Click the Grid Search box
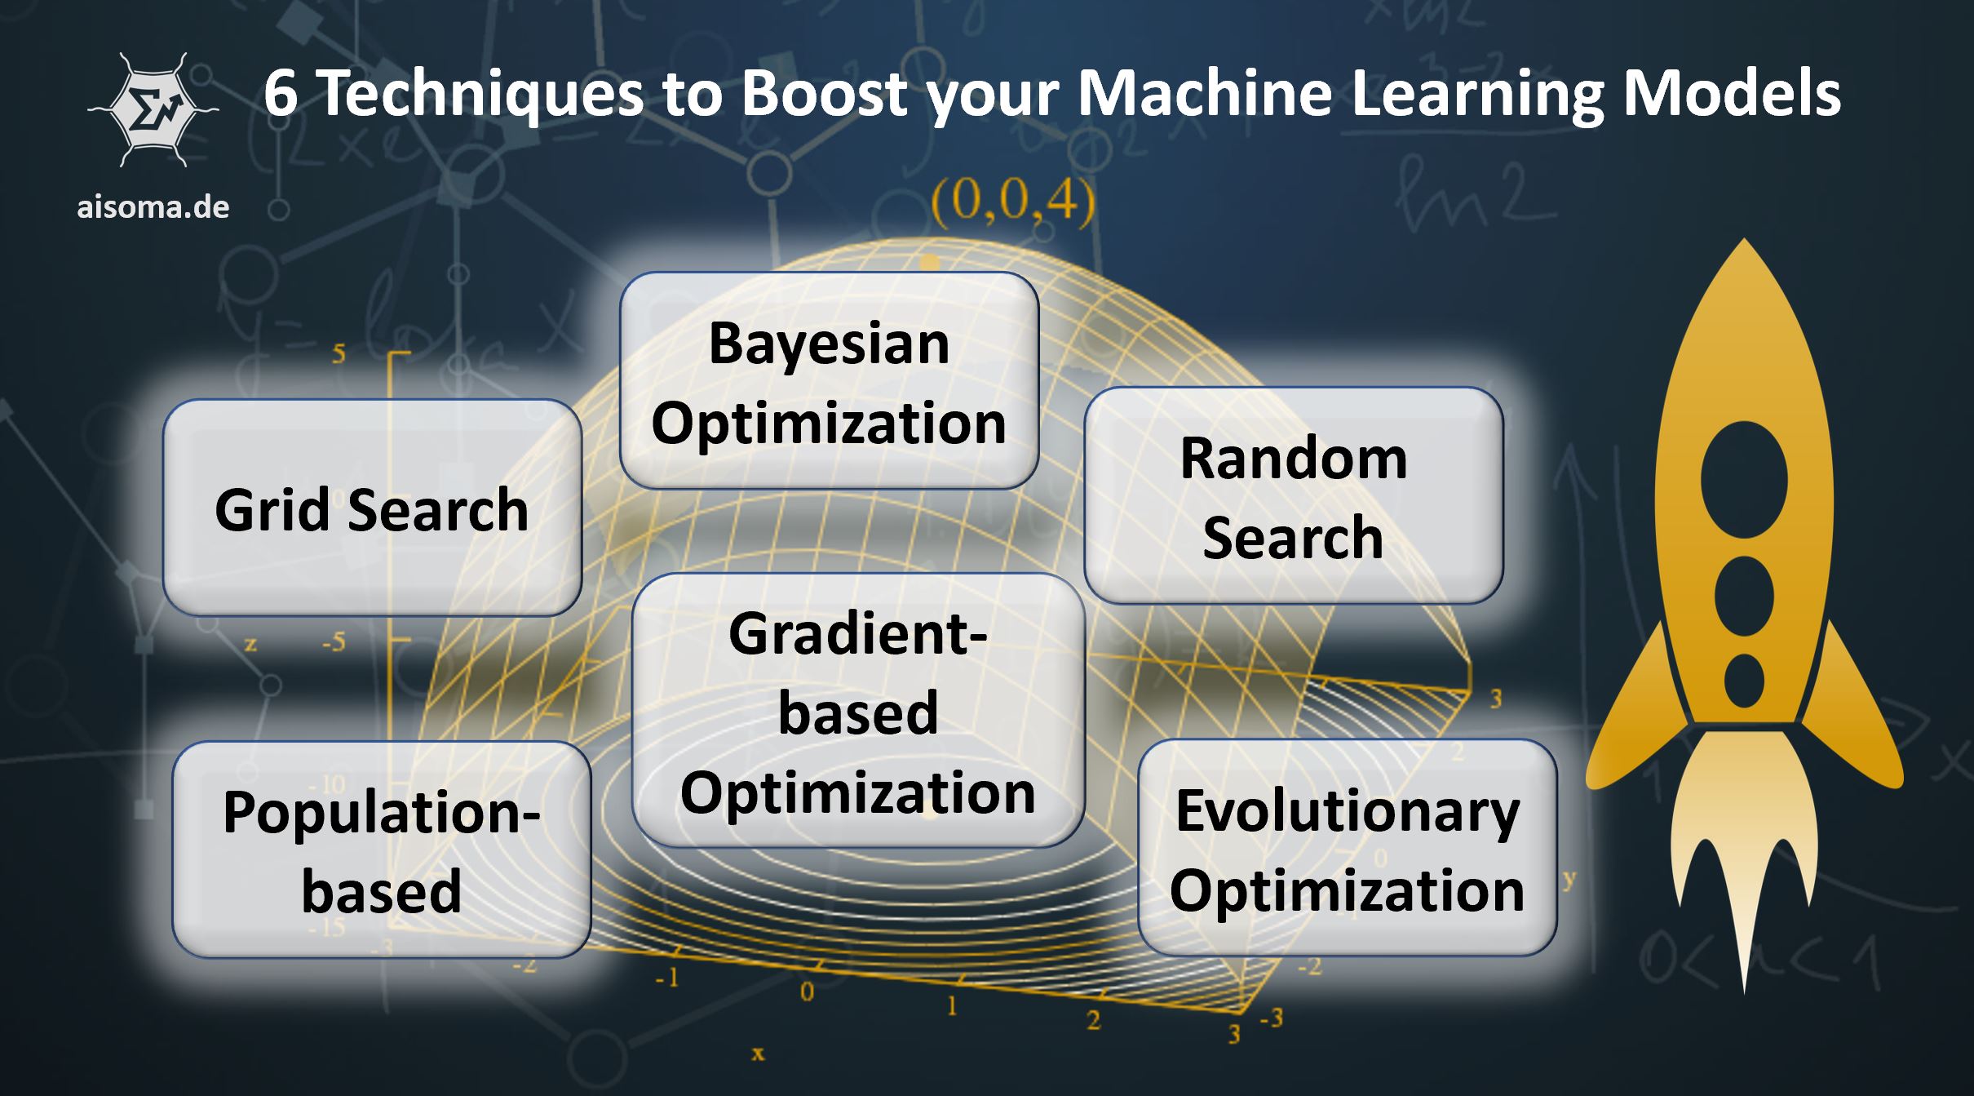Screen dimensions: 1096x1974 pyautogui.click(x=372, y=508)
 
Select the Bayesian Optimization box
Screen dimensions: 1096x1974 pyautogui.click(x=829, y=381)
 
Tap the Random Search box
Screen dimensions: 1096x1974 pyautogui.click(x=1293, y=496)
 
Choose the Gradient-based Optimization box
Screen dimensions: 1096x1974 pyautogui.click(x=857, y=711)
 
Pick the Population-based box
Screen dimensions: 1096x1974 pyautogui.click(x=381, y=850)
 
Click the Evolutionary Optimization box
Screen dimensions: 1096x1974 pyautogui.click(x=1347, y=848)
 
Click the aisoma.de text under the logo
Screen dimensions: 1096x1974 pyautogui.click(x=153, y=206)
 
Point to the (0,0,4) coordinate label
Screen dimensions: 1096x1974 pyautogui.click(x=1012, y=201)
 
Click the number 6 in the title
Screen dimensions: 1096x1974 pyautogui.click(x=281, y=94)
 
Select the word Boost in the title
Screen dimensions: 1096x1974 pyautogui.click(x=824, y=94)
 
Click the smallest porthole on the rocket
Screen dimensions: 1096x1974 pyautogui.click(x=1744, y=681)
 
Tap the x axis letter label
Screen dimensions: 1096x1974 pyautogui.click(x=758, y=1054)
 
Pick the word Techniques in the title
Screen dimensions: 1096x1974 pyautogui.click(x=482, y=94)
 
